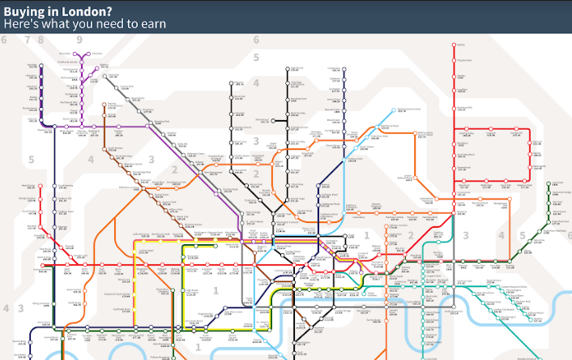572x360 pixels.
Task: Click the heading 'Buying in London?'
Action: (x=58, y=10)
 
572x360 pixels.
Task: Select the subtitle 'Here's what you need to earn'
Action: (x=84, y=24)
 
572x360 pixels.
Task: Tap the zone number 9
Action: (x=79, y=39)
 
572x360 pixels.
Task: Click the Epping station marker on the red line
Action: (x=455, y=46)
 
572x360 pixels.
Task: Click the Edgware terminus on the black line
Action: (x=232, y=83)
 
